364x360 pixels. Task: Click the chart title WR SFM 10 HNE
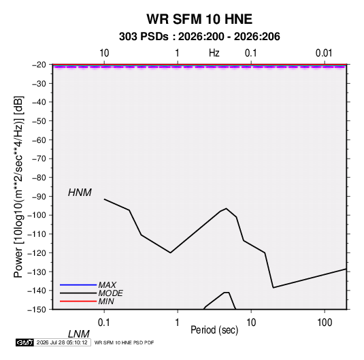coord(199,19)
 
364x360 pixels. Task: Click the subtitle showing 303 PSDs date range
coord(199,37)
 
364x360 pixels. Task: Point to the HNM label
coord(80,193)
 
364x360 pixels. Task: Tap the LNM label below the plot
coord(78,334)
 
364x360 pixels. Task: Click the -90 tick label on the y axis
coord(39,197)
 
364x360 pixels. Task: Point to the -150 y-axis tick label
coord(37,310)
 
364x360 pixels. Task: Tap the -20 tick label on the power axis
coord(39,65)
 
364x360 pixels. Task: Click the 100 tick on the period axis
coord(325,323)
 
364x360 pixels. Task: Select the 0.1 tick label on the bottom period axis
coord(104,323)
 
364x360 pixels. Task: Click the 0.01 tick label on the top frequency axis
coord(324,53)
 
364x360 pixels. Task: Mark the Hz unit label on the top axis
coord(214,53)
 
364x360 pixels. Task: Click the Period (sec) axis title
coord(214,330)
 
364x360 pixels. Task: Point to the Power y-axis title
coord(18,187)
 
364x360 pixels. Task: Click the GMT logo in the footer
coord(25,342)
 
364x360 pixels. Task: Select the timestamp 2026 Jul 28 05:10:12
coord(62,342)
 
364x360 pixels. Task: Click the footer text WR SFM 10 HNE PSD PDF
coord(125,342)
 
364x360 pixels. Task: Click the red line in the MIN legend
coord(78,301)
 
